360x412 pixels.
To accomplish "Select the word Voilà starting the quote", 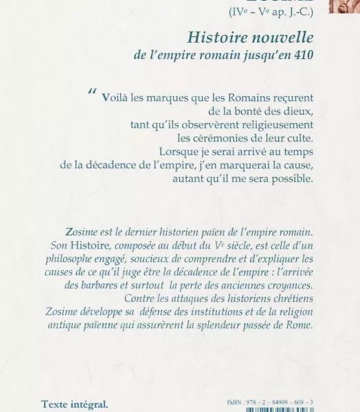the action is (117, 98).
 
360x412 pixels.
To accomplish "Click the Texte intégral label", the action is (75, 404).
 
